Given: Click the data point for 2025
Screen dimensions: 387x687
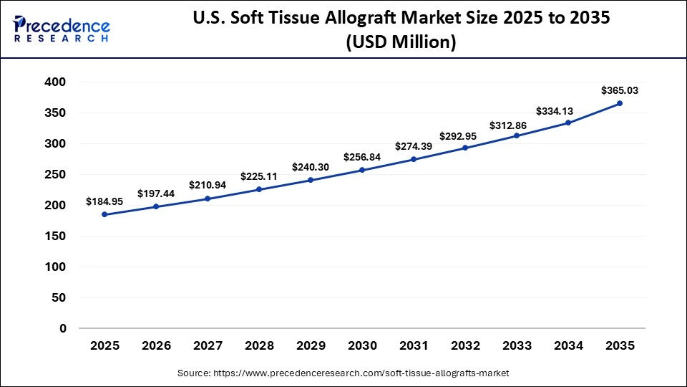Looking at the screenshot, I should (104, 214).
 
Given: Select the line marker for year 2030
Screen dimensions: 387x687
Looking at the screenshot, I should (362, 170).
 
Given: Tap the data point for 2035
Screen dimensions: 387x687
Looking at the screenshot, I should (620, 103).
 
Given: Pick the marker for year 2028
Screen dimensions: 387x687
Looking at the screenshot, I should (259, 189).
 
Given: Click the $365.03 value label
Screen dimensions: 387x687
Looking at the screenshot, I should (620, 91).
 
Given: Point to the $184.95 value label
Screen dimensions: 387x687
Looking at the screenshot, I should (104, 202).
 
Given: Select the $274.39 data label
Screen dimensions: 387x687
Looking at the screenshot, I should (414, 147).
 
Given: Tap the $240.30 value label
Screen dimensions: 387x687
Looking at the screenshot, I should (311, 167).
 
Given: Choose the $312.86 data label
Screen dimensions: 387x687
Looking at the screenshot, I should (517, 125).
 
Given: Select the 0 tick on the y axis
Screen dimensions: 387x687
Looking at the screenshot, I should (63, 328).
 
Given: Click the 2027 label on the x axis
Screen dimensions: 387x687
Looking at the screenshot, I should (208, 345).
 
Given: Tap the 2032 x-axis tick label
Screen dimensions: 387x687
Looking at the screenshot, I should (465, 345).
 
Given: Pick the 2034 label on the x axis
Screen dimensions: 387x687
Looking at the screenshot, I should (568, 345).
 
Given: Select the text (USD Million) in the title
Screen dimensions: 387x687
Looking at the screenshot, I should (401, 42).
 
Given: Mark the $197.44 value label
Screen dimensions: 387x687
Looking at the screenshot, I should (156, 194).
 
